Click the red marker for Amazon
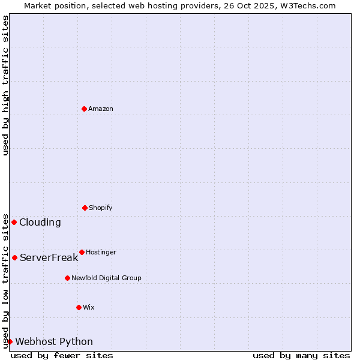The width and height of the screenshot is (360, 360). point(85,109)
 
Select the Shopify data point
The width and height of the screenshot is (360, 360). point(85,208)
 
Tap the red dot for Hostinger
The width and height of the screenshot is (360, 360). point(82,252)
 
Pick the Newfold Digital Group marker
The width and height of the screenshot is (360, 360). point(67,278)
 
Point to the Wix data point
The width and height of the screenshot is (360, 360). point(79,307)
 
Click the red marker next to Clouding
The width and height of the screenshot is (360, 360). point(14,222)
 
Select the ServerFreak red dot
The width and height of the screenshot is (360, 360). point(14,257)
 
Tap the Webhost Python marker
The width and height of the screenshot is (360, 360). point(10,341)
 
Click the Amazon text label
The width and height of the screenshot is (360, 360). point(101,109)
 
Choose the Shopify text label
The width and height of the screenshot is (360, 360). point(101,208)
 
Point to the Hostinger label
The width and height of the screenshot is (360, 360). point(101,252)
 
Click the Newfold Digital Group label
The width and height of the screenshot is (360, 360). point(106,278)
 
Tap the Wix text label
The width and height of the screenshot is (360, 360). point(89,307)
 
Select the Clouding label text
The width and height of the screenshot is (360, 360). point(40,222)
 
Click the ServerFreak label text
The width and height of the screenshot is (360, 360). point(49,257)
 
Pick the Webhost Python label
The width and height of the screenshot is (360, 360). point(54,341)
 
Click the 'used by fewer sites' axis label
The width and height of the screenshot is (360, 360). point(62,355)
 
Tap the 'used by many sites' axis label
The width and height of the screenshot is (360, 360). point(301,355)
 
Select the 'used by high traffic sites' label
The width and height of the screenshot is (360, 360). point(5,85)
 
